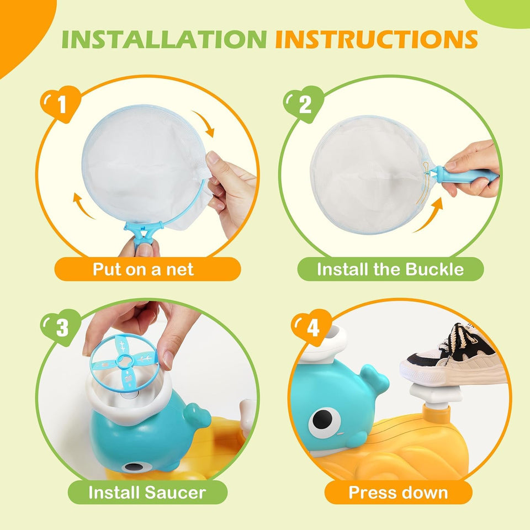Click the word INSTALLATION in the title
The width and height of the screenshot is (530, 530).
165,40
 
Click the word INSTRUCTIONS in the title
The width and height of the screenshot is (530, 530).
376,40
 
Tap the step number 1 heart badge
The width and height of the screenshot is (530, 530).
60,104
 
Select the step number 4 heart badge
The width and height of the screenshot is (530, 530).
311,328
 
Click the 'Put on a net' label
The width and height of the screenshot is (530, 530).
143,269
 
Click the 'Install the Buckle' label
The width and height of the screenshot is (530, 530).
390,269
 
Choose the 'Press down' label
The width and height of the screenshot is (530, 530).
397,492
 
